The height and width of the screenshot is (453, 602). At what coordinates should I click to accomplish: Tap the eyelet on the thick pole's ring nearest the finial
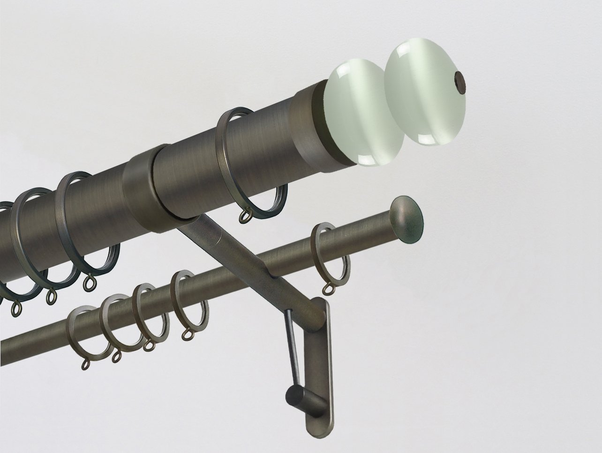(246, 216)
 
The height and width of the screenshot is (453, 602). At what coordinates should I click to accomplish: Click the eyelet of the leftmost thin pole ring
(86, 364)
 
